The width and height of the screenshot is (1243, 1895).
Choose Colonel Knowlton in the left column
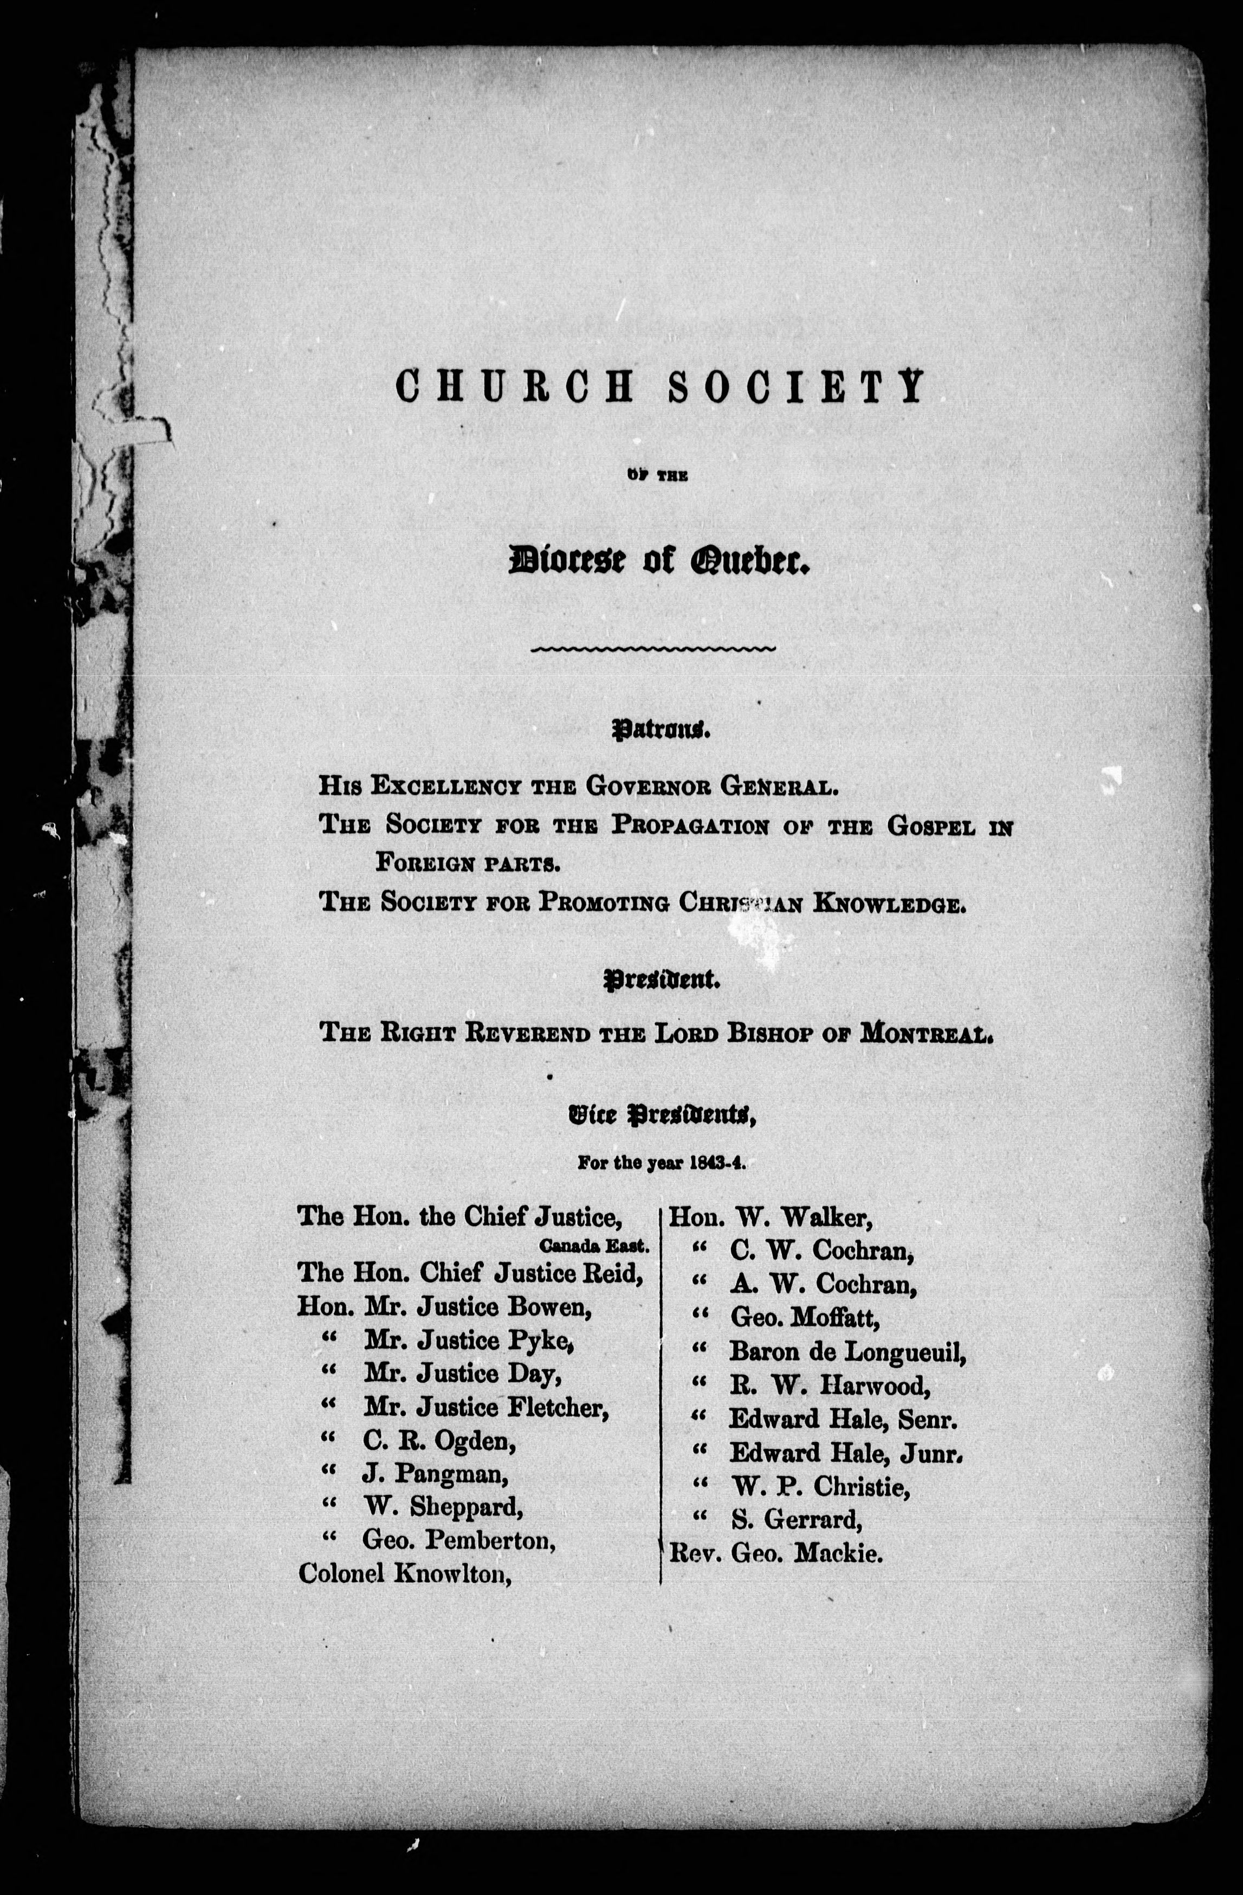(x=404, y=1574)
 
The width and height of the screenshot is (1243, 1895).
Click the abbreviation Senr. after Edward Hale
(x=931, y=1419)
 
